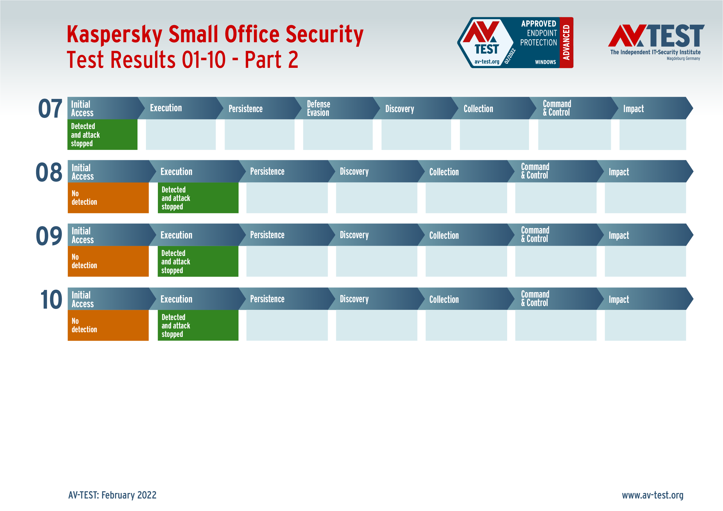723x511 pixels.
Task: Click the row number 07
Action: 50,109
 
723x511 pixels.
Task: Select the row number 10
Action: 51,299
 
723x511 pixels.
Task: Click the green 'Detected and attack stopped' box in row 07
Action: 102,135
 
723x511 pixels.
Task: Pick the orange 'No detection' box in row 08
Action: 108,198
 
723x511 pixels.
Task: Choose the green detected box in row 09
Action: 198,261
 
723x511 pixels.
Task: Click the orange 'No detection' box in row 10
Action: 108,325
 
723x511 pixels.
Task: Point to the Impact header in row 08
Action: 618,172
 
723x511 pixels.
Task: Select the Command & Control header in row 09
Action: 535,235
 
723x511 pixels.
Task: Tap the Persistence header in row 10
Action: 267,299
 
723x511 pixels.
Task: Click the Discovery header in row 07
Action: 400,109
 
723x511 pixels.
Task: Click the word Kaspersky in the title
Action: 114,35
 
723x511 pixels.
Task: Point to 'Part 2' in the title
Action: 271,60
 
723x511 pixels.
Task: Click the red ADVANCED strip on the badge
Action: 566,43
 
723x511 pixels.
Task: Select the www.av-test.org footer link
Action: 653,495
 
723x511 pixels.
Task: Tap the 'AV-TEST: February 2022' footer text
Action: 112,495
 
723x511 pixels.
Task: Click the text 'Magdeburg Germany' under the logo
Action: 683,59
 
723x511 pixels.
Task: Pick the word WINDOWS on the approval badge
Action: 545,62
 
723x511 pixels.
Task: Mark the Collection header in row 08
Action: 444,172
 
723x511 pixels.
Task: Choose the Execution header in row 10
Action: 176,299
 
